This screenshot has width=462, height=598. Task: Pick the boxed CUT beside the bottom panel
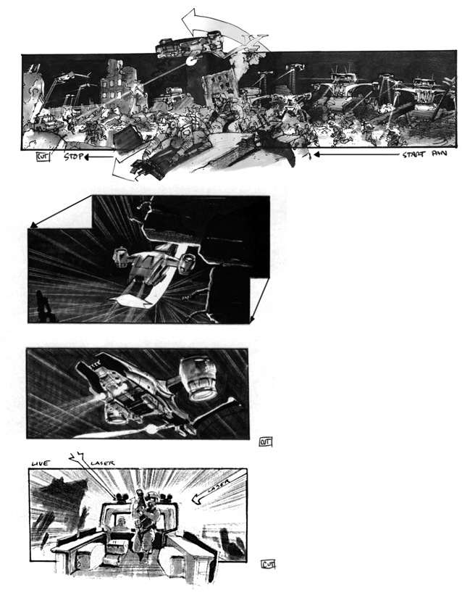click(268, 563)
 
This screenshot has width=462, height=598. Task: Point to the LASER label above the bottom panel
click(103, 462)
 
